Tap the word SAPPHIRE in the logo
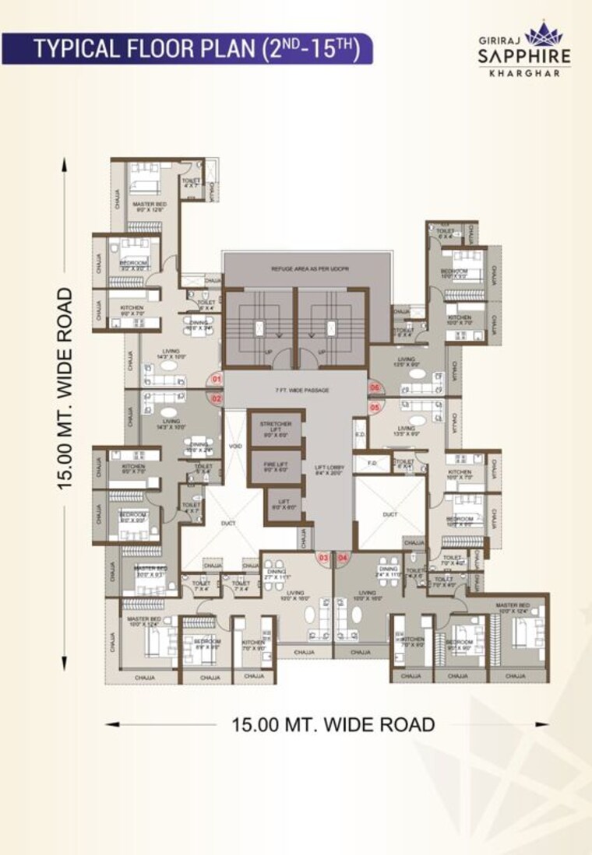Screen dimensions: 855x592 [523, 56]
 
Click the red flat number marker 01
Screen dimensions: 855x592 [217, 380]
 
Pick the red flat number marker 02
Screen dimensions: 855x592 [217, 398]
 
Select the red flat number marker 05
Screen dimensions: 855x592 [375, 406]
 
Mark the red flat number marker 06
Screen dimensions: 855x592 [375, 387]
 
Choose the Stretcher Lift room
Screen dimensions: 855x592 [275, 429]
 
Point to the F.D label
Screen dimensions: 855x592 [371, 464]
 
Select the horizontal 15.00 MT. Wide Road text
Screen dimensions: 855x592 [333, 724]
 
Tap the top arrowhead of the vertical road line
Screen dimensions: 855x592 [64, 164]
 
